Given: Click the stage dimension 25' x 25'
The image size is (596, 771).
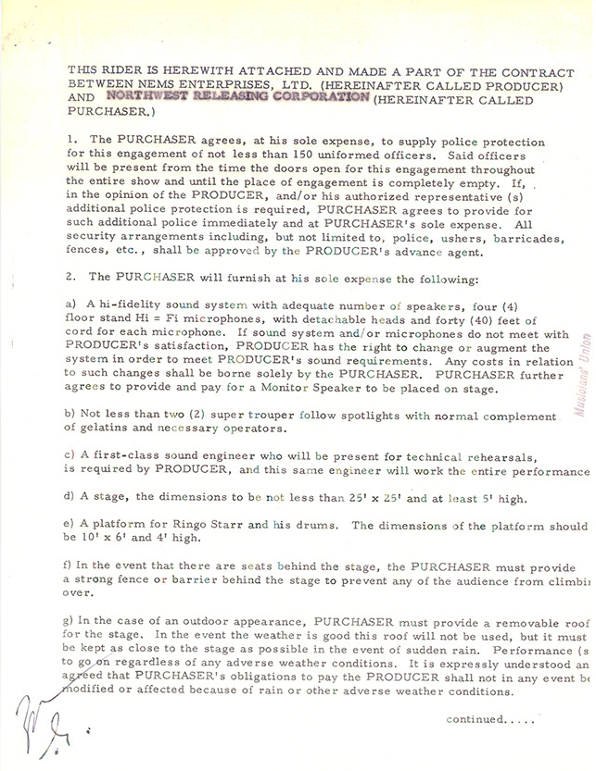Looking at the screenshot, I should point(367,499).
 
